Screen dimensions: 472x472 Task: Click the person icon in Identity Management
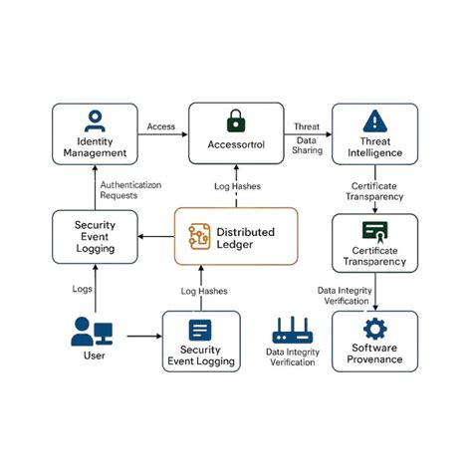[94, 119]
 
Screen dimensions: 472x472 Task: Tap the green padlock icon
[235, 122]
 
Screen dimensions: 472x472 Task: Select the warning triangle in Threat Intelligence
[375, 118]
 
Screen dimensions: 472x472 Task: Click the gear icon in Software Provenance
[375, 330]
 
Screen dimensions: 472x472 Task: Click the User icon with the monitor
[93, 331]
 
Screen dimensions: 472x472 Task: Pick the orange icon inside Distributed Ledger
[198, 237]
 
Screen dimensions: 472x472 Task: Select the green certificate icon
[375, 231]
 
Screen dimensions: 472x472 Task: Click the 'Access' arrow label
[161, 126]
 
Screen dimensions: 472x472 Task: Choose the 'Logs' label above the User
[83, 288]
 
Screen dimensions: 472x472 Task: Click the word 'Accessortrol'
[236, 143]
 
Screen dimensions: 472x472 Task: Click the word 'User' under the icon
[93, 355]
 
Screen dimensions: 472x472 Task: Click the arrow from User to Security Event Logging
[137, 335]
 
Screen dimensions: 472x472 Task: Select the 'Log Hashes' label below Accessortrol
[236, 186]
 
